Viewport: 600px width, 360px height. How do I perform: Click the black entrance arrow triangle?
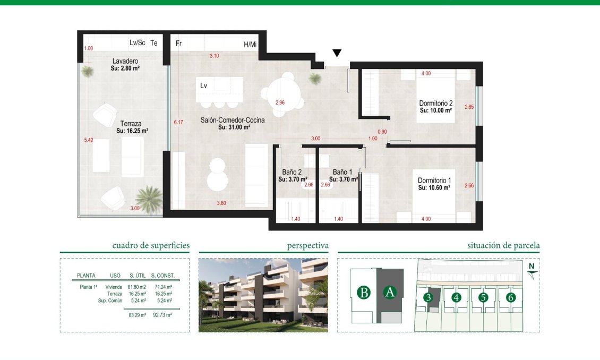click(x=337, y=53)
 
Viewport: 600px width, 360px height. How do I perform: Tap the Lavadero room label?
click(x=125, y=62)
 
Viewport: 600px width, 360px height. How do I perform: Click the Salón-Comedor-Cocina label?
click(x=233, y=121)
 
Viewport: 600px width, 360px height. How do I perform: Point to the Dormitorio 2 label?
click(x=435, y=104)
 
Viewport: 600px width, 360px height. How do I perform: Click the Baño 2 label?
click(x=292, y=172)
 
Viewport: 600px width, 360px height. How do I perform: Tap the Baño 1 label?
click(x=342, y=172)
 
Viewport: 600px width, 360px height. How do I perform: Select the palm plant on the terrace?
click(x=148, y=198)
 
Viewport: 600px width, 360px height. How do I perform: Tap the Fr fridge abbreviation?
click(x=179, y=44)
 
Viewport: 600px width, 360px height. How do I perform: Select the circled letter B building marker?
click(x=363, y=293)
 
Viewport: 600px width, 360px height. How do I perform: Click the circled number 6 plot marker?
click(x=510, y=298)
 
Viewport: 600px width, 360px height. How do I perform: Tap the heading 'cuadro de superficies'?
click(x=151, y=246)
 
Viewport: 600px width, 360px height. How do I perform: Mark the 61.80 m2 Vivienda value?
click(x=136, y=287)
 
